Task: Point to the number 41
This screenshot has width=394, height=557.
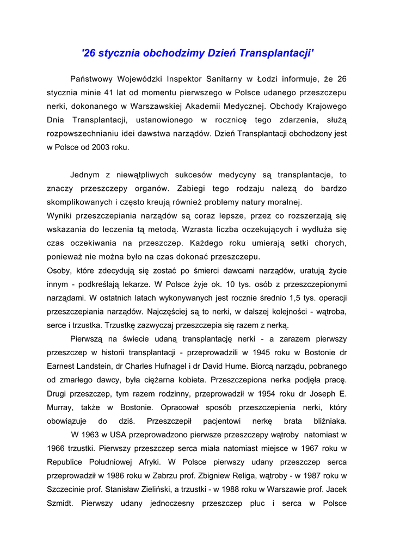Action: coord(109,92)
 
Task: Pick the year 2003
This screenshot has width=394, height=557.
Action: coord(100,147)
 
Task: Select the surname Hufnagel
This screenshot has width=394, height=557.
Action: coord(185,366)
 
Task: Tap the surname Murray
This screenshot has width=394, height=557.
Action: coord(59,407)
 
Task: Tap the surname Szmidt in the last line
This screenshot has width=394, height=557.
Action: coord(59,503)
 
